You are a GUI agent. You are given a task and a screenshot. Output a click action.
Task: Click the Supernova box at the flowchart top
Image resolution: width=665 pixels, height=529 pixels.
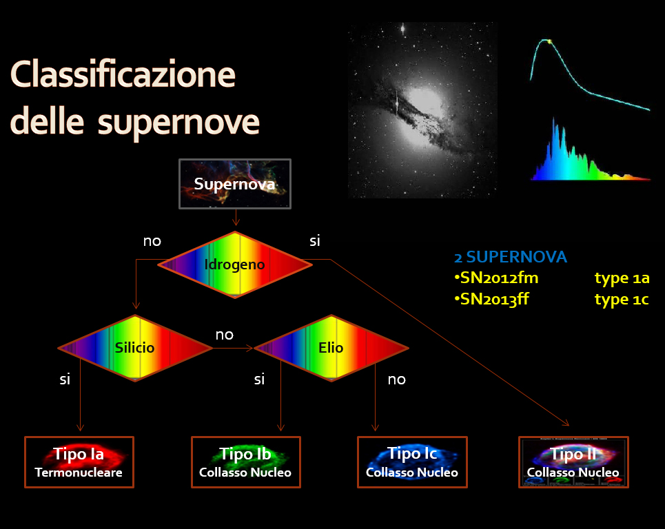[x=235, y=184]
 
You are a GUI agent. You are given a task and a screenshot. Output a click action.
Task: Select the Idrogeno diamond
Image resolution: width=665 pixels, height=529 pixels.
[x=235, y=265]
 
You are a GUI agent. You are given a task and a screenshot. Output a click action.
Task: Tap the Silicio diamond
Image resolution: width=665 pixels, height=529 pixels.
[x=135, y=348]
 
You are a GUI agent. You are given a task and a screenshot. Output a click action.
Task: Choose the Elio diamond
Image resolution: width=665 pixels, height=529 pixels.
[x=331, y=348]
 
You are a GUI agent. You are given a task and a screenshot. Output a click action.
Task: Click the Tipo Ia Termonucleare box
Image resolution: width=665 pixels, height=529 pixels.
[x=79, y=462]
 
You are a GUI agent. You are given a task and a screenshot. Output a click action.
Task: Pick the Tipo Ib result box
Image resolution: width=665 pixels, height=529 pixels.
[x=246, y=462]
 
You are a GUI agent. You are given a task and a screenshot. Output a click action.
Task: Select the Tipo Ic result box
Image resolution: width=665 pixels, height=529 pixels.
[x=412, y=462]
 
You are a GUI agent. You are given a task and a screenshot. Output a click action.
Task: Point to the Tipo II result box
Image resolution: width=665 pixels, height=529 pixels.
[x=573, y=462]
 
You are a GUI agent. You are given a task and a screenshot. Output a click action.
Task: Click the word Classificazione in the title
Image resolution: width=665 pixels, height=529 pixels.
[x=123, y=74]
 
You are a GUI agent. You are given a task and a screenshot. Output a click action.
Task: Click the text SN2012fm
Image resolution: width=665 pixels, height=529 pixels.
[x=496, y=278]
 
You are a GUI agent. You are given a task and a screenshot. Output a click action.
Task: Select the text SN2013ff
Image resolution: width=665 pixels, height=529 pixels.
[x=491, y=299]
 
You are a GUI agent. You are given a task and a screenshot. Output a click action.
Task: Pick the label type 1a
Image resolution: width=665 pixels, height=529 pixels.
[x=622, y=278]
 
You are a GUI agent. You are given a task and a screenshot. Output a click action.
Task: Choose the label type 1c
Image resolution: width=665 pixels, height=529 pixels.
[x=622, y=299]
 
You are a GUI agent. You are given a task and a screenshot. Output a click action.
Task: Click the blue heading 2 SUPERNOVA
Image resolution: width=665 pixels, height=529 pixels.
[x=511, y=257]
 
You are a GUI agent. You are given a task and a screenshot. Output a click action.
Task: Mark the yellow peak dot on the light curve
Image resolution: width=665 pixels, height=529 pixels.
[x=549, y=41]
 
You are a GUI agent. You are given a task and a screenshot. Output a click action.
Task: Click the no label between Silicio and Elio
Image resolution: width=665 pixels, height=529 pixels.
[x=225, y=335]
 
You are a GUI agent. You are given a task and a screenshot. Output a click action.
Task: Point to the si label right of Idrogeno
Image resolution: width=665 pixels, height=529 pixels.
[x=315, y=241]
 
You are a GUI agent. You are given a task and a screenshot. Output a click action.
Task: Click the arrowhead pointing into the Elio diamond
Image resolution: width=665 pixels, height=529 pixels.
[x=249, y=348]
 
